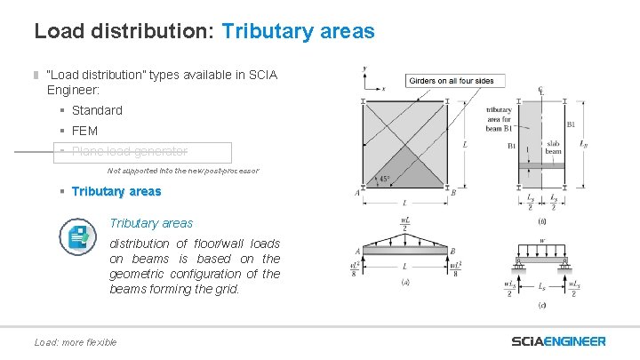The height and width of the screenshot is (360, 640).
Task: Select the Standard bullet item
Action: pyautogui.click(x=97, y=110)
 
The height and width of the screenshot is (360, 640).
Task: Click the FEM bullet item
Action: pyautogui.click(x=84, y=131)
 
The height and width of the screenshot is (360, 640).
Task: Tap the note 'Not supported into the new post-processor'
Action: pyautogui.click(x=183, y=170)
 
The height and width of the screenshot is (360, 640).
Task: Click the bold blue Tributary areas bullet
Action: pyautogui.click(x=116, y=191)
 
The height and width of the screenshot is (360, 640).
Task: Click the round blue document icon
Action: pyautogui.click(x=78, y=236)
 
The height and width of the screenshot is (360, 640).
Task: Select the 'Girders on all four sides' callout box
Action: pyautogui.click(x=451, y=81)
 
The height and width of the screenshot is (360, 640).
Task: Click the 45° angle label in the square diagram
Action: pyautogui.click(x=383, y=180)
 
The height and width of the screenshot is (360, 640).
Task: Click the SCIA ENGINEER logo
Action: pyautogui.click(x=558, y=341)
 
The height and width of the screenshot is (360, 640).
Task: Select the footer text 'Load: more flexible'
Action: pyautogui.click(x=75, y=342)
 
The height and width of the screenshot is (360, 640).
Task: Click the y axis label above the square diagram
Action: pyautogui.click(x=364, y=68)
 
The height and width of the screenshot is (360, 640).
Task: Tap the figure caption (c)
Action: pyautogui.click(x=542, y=305)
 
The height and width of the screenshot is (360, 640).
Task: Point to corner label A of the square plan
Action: pyautogui.click(x=356, y=192)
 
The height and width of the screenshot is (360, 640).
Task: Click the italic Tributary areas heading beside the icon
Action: pyautogui.click(x=151, y=223)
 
